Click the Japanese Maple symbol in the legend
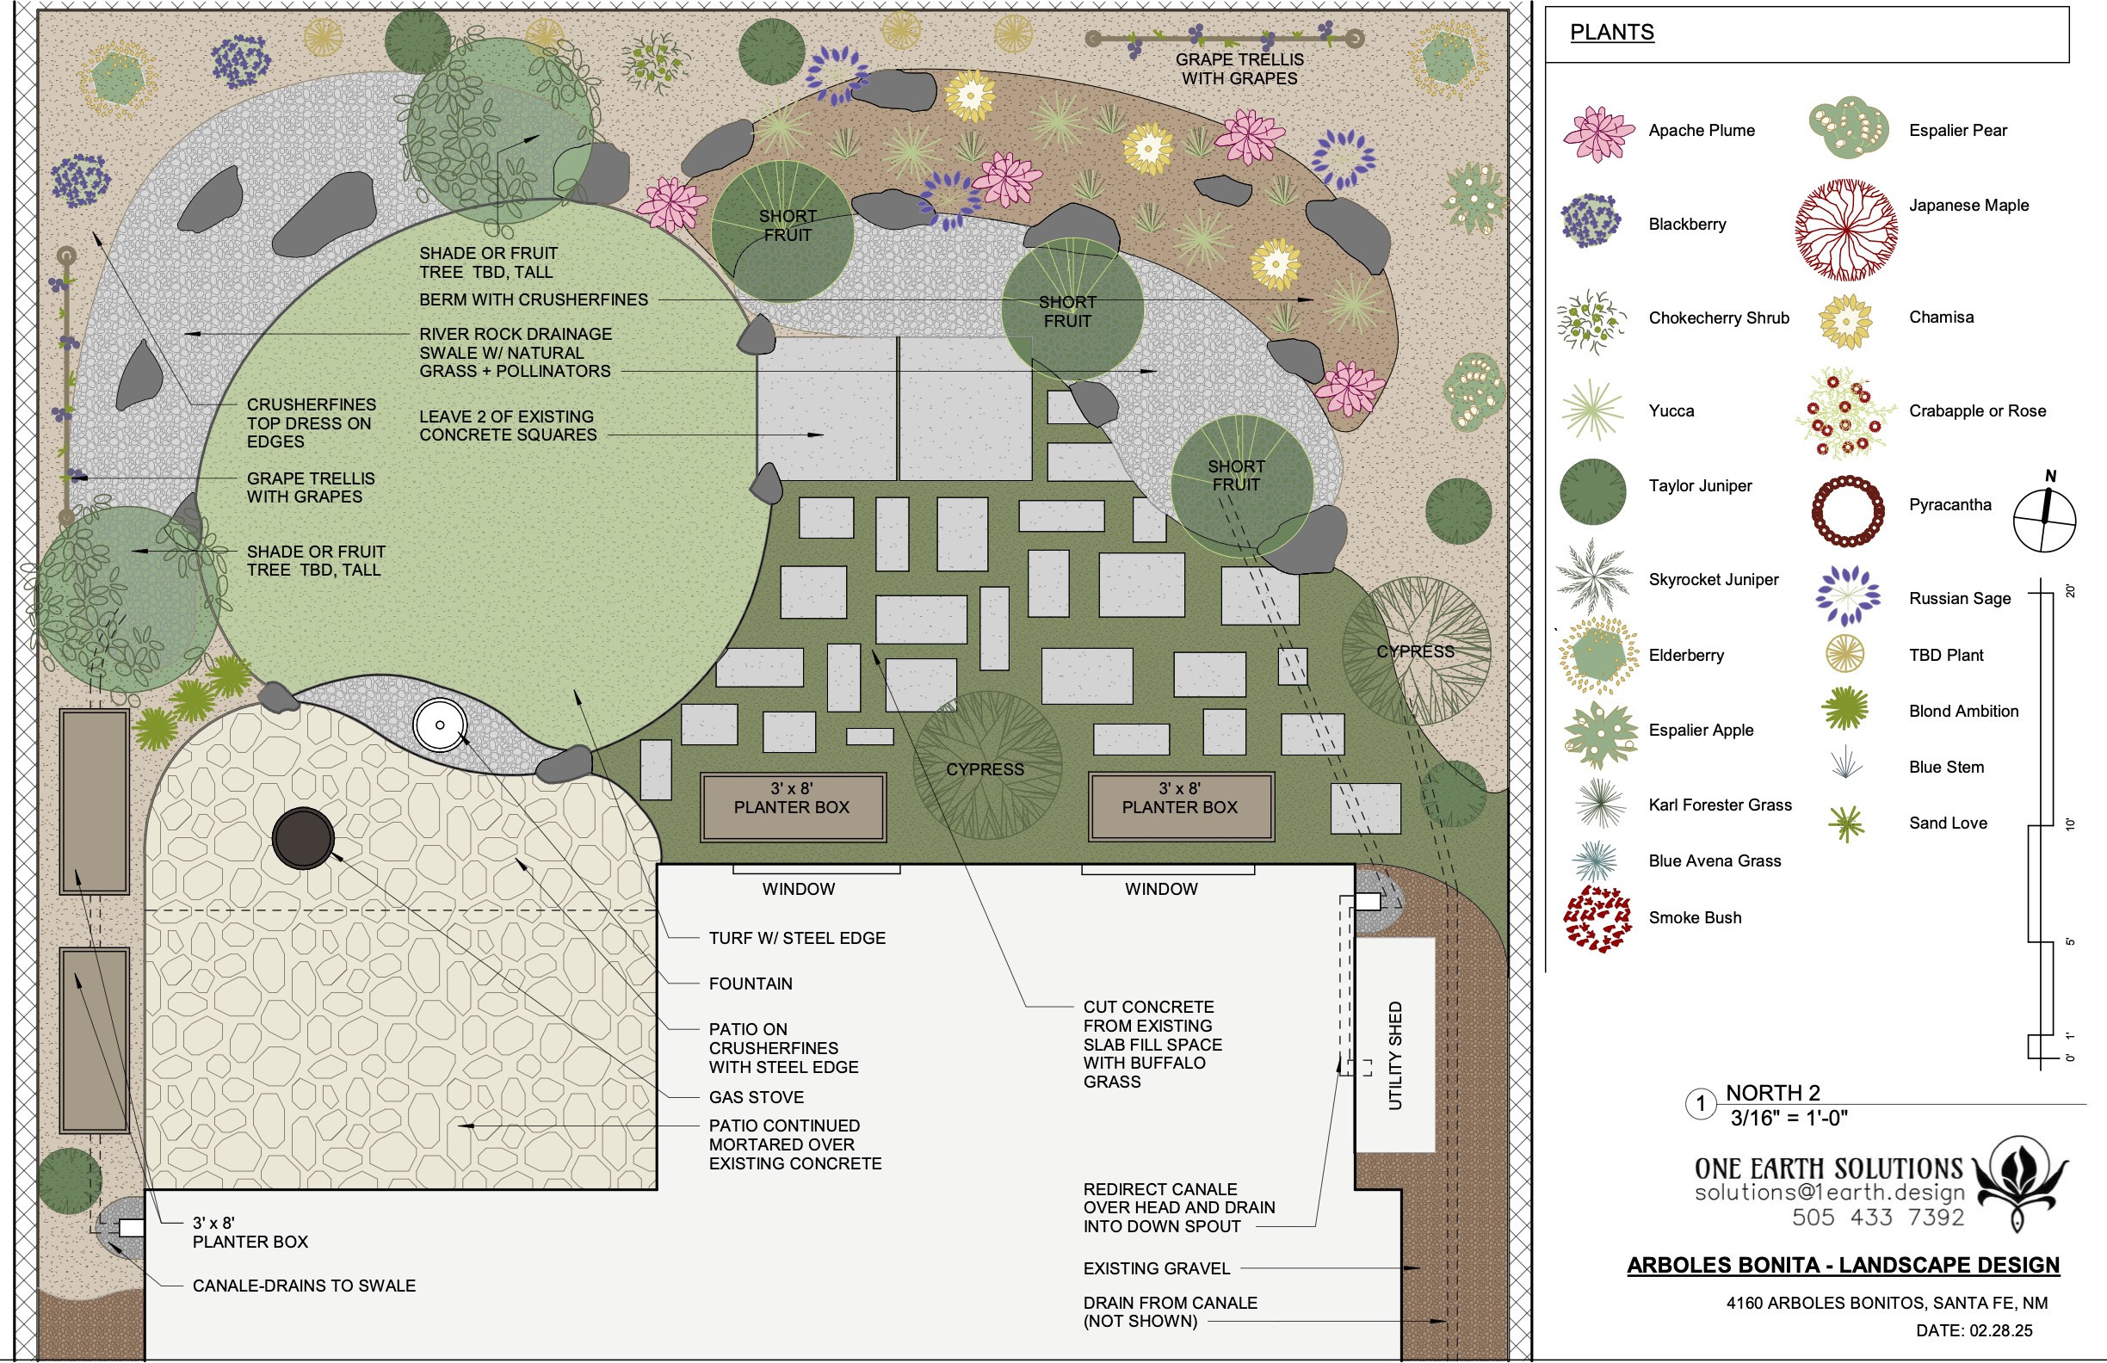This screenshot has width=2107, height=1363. (1847, 230)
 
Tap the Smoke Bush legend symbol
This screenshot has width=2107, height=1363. (1597, 918)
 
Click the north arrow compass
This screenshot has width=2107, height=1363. (2044, 518)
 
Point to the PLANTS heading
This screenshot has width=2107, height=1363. (1612, 33)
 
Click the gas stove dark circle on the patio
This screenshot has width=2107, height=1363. (303, 837)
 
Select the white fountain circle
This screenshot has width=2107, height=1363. (440, 725)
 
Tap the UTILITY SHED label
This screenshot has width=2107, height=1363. (1395, 1055)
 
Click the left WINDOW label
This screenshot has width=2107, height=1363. (799, 889)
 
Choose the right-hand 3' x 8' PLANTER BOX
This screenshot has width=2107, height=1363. (1181, 806)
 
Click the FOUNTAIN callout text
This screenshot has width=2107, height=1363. (751, 984)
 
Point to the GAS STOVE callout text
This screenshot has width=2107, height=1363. (757, 1096)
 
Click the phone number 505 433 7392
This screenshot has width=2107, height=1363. (1878, 1218)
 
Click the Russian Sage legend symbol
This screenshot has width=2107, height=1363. (1848, 595)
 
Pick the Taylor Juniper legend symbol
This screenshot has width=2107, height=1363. (1592, 492)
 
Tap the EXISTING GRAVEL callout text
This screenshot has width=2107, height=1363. (1156, 1268)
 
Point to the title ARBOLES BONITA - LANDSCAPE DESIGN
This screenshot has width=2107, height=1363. (1843, 1266)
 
